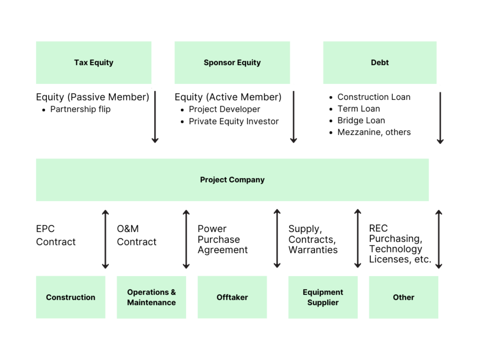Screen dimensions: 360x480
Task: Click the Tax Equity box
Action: (x=94, y=63)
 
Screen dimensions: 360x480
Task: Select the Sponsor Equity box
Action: (x=232, y=63)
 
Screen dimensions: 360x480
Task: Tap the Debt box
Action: (x=380, y=63)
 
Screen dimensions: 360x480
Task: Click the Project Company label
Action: (x=232, y=180)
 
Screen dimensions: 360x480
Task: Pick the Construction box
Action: (x=71, y=297)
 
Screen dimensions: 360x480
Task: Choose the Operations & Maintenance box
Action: (x=151, y=297)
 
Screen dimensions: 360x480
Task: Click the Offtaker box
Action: (x=232, y=297)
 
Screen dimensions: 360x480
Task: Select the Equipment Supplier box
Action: (x=323, y=297)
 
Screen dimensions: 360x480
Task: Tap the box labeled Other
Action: (x=404, y=297)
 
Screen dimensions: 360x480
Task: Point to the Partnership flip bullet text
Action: (x=80, y=109)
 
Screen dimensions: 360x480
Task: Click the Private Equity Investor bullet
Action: (x=233, y=121)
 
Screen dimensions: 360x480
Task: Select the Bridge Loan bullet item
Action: (x=361, y=120)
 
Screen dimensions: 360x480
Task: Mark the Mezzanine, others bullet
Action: (x=374, y=132)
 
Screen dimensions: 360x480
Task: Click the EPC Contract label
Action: (x=56, y=235)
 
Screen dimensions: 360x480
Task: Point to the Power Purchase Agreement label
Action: (x=222, y=239)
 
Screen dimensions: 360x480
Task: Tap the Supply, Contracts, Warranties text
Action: (x=313, y=239)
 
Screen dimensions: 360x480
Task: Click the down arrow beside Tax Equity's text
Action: (x=155, y=117)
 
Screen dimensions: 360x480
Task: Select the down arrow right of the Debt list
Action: (x=440, y=118)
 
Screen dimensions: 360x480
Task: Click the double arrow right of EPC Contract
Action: (x=105, y=239)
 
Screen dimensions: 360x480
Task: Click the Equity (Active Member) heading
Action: (x=228, y=97)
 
